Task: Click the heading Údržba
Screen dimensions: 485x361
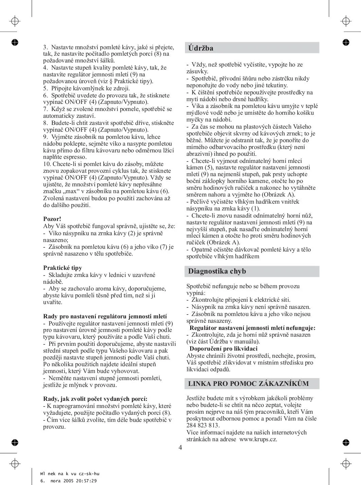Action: coord(201,48)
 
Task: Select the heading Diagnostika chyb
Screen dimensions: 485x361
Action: coord(217,271)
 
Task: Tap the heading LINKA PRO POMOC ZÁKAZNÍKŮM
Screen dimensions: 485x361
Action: coord(248,384)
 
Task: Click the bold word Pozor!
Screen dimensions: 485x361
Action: coord(52,219)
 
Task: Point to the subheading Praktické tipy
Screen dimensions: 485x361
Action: coord(62,268)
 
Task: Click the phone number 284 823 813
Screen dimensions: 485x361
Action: coord(203,425)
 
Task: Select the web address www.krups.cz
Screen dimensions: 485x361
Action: coord(258,439)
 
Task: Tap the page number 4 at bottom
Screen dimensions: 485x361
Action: coord(180,447)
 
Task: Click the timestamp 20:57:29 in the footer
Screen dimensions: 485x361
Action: coord(85,481)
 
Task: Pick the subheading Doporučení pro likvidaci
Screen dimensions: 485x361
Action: coord(223,349)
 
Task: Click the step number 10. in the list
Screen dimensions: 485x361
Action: coord(47,164)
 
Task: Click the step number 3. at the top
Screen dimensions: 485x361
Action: coord(46,47)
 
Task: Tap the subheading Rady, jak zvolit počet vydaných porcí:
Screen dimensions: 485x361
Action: coord(95,399)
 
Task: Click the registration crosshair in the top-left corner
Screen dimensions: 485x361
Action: coord(14,21)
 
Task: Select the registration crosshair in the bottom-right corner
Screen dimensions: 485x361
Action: coord(346,463)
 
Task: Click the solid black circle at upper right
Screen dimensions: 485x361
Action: coord(346,42)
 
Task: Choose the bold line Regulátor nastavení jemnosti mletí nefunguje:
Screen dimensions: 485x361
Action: coord(252,328)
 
